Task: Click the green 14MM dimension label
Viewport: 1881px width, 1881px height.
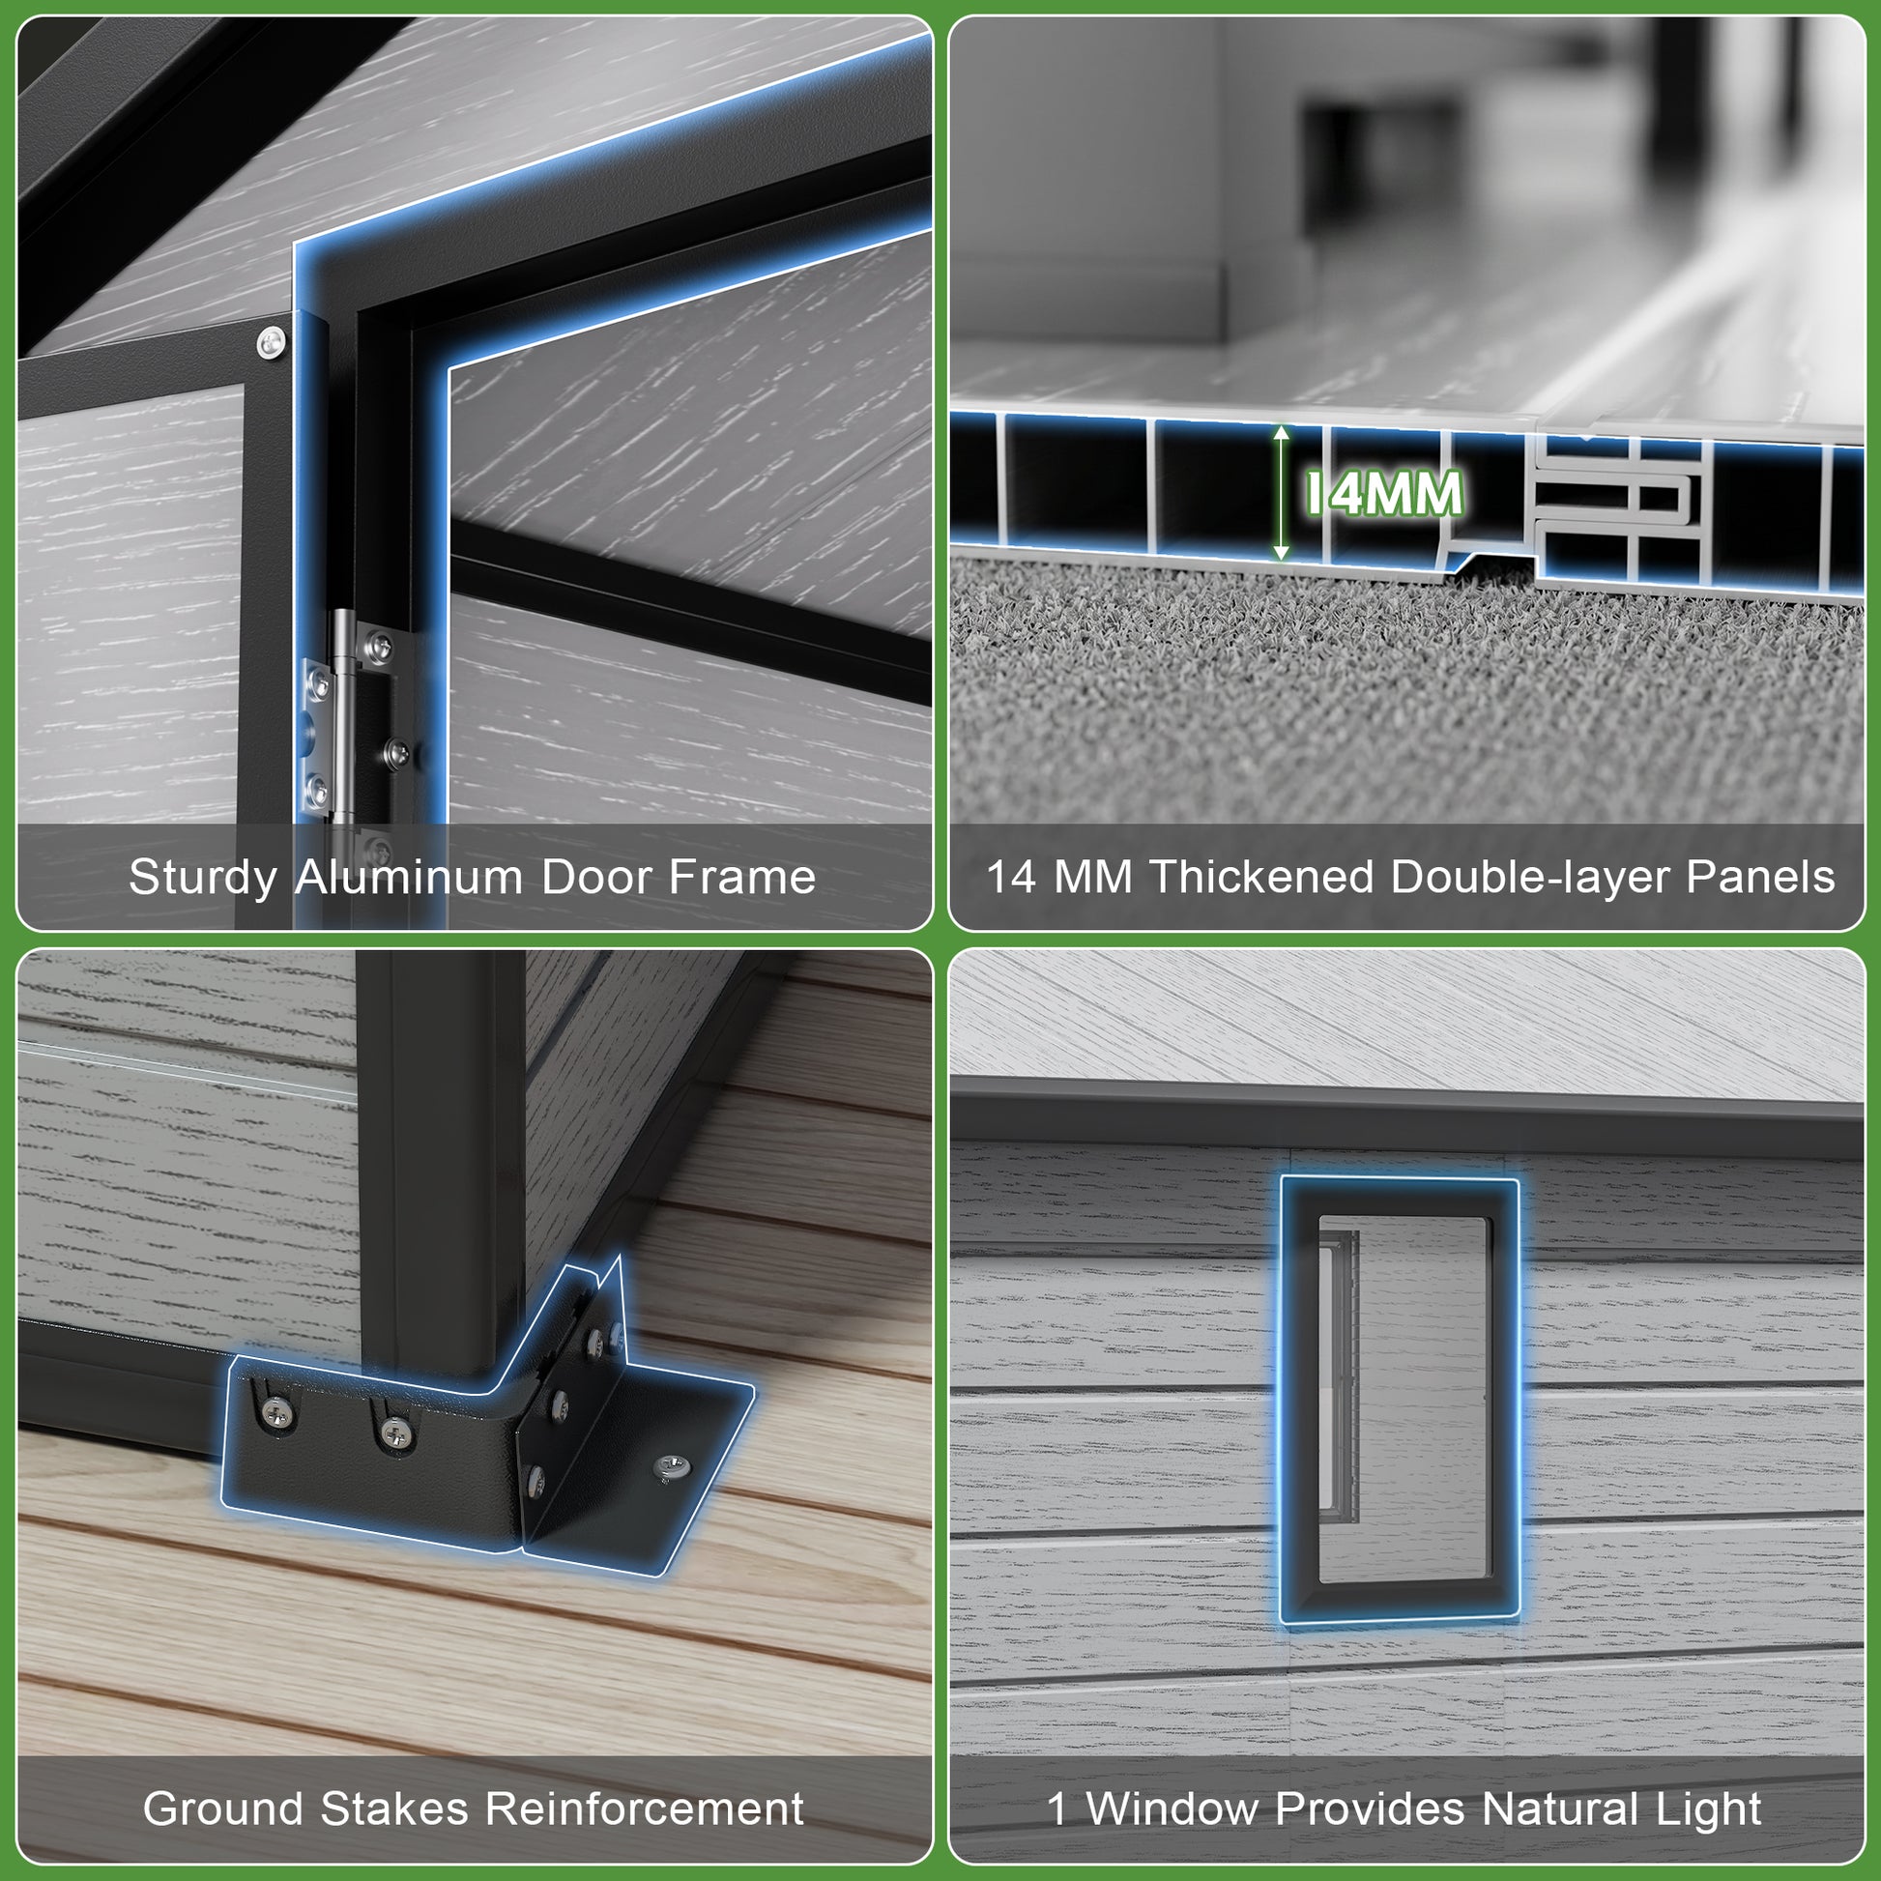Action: [x=1383, y=493]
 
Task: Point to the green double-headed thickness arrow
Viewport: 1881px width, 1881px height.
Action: [x=1282, y=493]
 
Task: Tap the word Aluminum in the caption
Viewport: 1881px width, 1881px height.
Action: [x=410, y=877]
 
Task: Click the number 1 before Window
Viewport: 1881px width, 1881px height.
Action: [x=1057, y=1808]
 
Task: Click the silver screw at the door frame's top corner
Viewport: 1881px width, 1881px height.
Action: [x=271, y=342]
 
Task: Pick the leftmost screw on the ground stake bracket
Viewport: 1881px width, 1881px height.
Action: [x=277, y=1407]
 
